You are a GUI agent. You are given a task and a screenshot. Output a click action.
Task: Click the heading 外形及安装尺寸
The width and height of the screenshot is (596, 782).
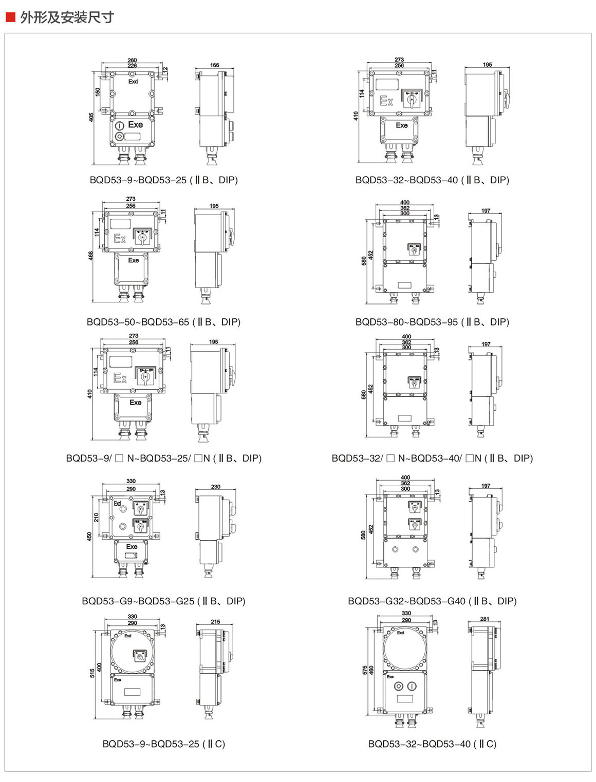[67, 17]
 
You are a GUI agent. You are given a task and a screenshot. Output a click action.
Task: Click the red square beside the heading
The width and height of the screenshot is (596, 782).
[10, 17]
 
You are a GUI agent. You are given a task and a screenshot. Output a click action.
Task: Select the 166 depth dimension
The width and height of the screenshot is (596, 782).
[215, 65]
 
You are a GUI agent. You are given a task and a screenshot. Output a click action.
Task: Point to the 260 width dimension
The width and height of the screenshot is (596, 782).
[132, 60]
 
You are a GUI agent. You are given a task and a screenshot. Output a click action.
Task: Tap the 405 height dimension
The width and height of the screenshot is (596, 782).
[91, 117]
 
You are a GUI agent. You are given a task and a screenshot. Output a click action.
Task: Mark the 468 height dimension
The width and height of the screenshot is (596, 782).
[91, 255]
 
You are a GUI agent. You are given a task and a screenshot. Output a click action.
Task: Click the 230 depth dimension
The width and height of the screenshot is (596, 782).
[216, 486]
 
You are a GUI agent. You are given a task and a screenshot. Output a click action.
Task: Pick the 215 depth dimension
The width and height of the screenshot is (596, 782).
[215, 622]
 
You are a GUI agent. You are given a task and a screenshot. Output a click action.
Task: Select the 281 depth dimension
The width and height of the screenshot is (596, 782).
[485, 619]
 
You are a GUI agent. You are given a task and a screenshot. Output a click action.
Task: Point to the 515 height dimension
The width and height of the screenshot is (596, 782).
[92, 673]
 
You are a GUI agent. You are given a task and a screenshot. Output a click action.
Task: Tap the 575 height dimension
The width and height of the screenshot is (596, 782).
[365, 670]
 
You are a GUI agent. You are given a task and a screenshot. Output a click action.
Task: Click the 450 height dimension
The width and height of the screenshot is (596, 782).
[90, 536]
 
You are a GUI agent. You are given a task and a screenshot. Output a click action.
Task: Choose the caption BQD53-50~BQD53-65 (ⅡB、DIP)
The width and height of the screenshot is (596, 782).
[163, 322]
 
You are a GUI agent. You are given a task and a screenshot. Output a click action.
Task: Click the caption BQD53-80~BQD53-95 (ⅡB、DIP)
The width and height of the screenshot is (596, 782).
[432, 322]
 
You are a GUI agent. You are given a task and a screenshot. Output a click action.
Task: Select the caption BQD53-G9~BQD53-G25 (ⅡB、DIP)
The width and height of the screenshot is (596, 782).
[163, 601]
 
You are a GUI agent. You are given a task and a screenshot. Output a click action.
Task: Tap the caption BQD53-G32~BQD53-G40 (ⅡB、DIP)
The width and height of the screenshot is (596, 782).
[432, 601]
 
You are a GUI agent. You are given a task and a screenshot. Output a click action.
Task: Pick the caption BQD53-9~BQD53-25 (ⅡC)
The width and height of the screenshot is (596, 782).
[163, 743]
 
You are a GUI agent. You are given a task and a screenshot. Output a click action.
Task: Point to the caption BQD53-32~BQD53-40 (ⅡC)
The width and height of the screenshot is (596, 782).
[432, 743]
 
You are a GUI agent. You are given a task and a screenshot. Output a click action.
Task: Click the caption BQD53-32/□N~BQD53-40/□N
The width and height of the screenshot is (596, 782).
[432, 458]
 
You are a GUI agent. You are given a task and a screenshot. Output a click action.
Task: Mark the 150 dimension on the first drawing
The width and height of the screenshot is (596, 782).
[98, 91]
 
